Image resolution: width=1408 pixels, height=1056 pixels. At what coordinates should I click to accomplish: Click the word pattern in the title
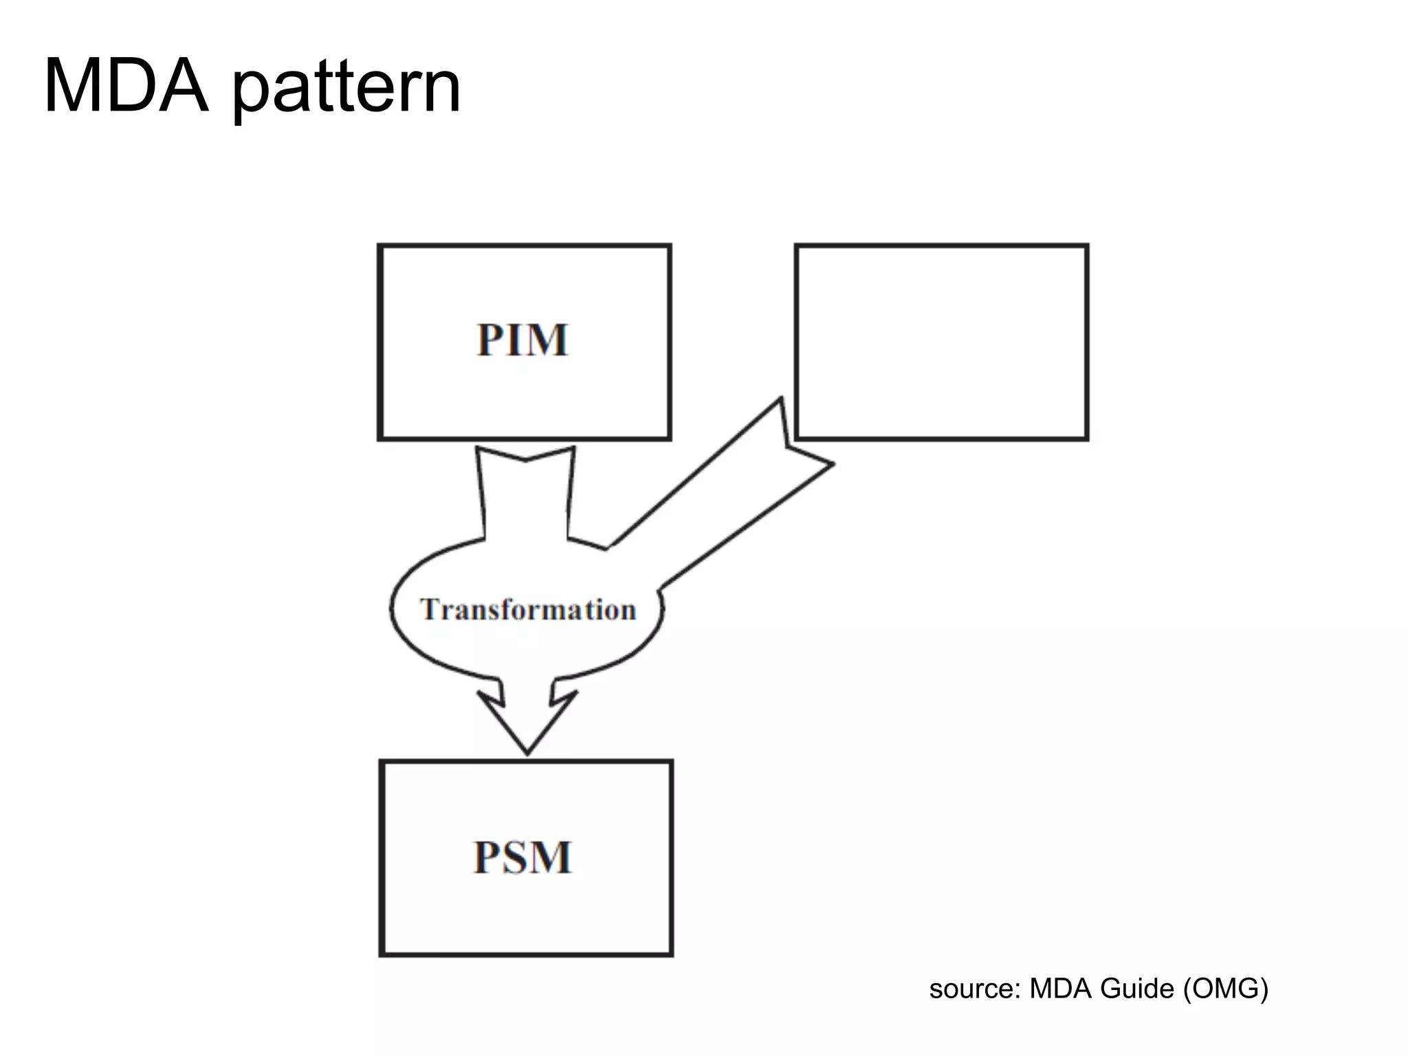pos(346,89)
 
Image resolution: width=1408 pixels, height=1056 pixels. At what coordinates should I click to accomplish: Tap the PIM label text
pos(523,340)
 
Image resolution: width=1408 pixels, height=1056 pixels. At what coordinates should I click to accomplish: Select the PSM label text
pos(523,857)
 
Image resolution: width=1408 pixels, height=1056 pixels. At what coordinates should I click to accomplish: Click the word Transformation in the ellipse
pos(528,610)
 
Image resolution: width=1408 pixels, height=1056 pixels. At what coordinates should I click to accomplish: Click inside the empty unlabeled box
pos(941,342)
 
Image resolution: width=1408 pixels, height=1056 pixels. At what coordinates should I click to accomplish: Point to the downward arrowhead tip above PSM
pos(527,752)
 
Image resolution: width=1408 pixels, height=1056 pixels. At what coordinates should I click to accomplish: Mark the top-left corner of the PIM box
pos(379,245)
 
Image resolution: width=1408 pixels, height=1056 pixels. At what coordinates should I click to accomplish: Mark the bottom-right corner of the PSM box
pos(671,954)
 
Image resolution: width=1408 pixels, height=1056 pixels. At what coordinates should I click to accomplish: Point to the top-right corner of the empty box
pos(1087,245)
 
